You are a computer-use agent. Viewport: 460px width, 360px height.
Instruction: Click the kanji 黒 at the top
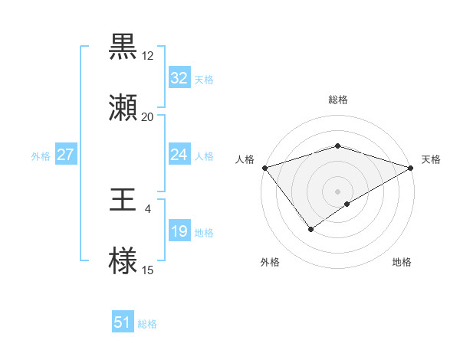tap(123, 47)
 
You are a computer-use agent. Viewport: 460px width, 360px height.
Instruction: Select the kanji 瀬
tap(123, 108)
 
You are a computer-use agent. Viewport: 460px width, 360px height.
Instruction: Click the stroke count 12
tap(148, 56)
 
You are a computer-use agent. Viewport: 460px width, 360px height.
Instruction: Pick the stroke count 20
tap(148, 117)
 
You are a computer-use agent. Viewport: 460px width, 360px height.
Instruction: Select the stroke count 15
tap(148, 270)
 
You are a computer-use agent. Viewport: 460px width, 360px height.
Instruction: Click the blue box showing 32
tap(179, 78)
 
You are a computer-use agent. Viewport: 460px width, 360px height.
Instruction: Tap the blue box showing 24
tap(179, 155)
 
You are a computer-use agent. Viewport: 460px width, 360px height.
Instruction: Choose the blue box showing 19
tap(179, 231)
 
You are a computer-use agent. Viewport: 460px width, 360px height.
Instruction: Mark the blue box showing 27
tap(66, 155)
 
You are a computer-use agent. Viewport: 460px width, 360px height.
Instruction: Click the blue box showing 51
tap(123, 323)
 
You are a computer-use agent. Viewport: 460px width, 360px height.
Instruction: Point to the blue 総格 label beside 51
tap(147, 324)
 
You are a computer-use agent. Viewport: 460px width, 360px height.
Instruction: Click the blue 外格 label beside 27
tap(41, 155)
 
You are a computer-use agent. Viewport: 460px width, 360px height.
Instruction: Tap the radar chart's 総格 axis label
tap(338, 100)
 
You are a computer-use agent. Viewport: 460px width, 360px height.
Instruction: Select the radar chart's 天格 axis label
tap(431, 159)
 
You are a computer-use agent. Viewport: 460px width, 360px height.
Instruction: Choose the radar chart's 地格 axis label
tap(402, 263)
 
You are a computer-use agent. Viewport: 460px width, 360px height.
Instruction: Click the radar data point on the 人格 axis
tap(264, 168)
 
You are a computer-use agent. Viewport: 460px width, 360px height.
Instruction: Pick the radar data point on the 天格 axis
tap(411, 168)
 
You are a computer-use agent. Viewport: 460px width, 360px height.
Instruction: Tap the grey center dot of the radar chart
tap(337, 191)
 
